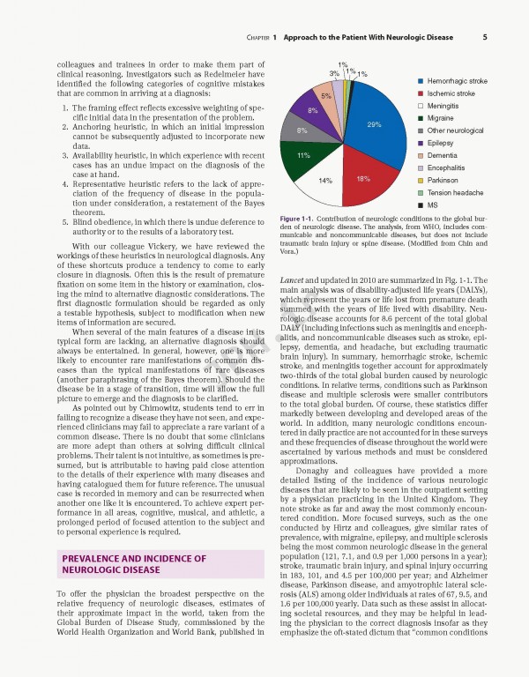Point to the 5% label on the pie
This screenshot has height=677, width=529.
point(326,95)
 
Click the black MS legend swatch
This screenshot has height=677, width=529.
point(421,205)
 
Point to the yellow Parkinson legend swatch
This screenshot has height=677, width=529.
point(421,180)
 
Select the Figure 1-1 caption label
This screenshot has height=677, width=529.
point(295,218)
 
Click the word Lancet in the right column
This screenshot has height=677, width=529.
point(292,279)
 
